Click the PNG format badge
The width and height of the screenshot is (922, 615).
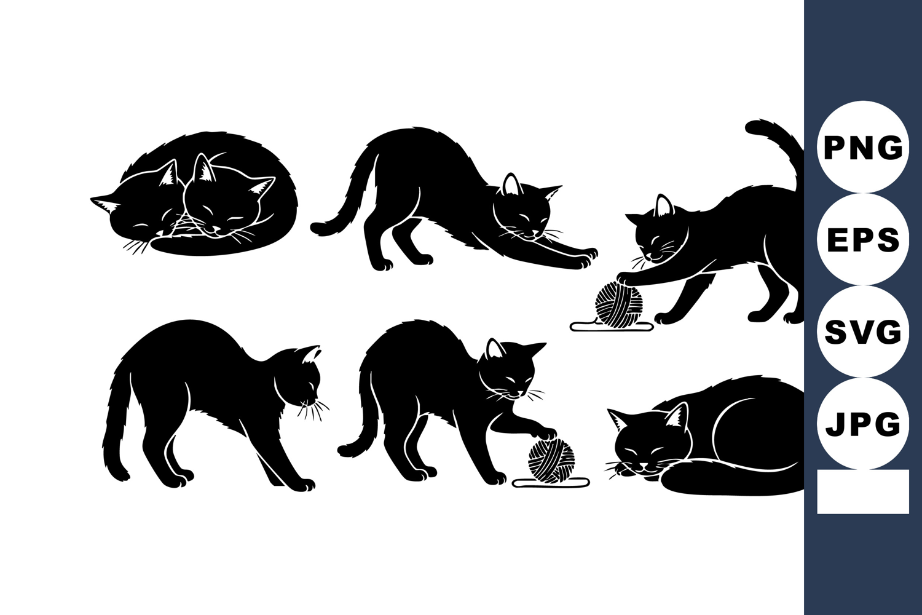click(x=863, y=147)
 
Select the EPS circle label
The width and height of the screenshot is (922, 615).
click(x=863, y=239)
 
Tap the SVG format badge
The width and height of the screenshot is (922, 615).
click(x=863, y=331)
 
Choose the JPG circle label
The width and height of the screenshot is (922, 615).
click(x=863, y=424)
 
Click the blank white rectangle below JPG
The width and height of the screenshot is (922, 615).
click(x=863, y=491)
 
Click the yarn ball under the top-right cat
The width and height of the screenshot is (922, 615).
click(x=618, y=303)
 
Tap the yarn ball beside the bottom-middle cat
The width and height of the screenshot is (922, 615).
click(x=551, y=460)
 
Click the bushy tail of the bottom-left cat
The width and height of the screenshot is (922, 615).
click(x=117, y=420)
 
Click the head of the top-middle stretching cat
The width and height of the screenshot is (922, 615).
click(x=525, y=210)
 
